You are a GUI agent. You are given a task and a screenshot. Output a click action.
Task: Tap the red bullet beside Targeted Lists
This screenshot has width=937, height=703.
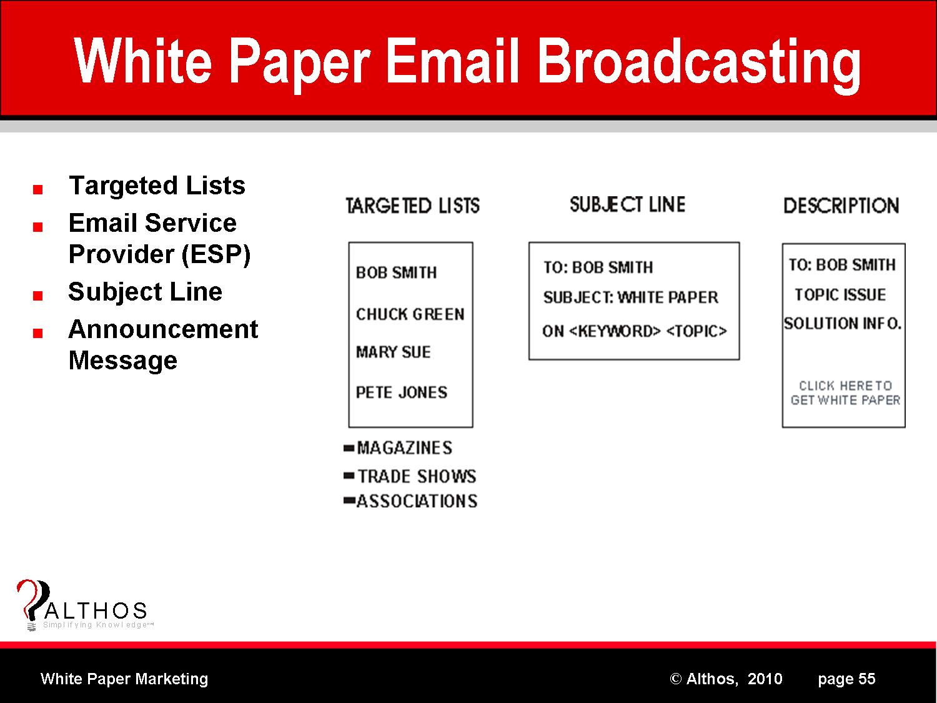pos(37,189)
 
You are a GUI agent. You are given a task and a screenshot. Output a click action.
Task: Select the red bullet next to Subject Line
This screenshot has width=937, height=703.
pos(37,296)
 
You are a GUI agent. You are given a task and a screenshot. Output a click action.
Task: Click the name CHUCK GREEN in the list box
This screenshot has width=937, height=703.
pos(410,314)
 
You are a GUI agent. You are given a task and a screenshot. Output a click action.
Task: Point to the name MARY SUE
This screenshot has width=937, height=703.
pos(393,352)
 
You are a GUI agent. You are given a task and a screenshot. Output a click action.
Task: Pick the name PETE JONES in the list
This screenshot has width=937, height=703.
pos(402,392)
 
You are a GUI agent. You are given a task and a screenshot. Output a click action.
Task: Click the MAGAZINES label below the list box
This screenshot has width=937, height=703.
pos(404,448)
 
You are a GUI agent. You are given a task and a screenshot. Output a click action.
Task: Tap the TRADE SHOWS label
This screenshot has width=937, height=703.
pos(417,476)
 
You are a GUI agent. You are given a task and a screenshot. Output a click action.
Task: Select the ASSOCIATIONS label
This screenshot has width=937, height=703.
pos(417,501)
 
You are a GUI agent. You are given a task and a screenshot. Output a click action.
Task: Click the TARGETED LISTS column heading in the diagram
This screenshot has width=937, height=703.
pos(412,206)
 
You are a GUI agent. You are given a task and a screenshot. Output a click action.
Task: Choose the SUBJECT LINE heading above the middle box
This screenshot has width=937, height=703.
pos(628,204)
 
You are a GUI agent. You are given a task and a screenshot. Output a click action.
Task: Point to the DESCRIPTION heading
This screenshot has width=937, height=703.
pos(841,206)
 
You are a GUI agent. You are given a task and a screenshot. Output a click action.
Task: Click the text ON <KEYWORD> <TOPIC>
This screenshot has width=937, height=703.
pos(634,331)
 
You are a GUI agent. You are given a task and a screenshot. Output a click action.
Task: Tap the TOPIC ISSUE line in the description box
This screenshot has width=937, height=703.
pos(840,294)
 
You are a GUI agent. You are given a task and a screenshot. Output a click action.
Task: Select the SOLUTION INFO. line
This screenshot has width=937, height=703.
pos(843,323)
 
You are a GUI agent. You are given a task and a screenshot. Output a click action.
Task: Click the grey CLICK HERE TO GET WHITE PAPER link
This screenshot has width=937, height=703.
pos(845,392)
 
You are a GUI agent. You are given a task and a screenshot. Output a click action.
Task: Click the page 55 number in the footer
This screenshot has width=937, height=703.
pos(846,679)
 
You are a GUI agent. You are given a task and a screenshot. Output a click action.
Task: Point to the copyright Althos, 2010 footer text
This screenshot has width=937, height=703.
pos(726,679)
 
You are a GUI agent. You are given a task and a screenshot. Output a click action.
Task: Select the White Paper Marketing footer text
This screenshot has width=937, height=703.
pos(124,679)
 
